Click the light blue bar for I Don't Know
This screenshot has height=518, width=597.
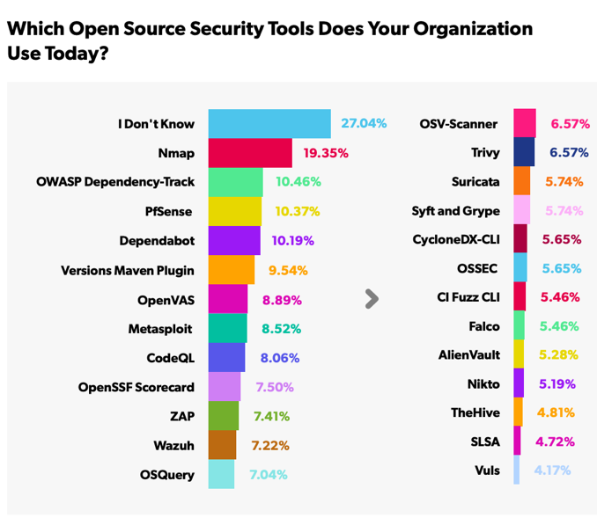click(269, 124)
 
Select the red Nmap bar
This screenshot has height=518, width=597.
click(250, 153)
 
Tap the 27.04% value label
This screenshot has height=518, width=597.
click(363, 124)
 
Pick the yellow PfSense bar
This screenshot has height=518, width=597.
click(235, 211)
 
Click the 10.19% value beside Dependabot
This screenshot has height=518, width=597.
click(291, 240)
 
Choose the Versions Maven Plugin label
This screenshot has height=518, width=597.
click(128, 269)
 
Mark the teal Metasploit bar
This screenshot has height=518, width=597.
click(226, 328)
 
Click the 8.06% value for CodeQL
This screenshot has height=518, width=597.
click(280, 357)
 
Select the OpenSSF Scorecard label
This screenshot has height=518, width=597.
click(136, 386)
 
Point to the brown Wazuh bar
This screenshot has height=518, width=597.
click(222, 444)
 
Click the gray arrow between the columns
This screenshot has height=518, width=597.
click(372, 299)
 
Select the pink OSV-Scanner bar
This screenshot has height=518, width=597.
click(525, 124)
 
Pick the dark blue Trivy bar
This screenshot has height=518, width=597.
click(524, 153)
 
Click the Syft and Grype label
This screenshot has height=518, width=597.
click(455, 211)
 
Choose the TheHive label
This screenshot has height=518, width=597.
click(475, 413)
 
